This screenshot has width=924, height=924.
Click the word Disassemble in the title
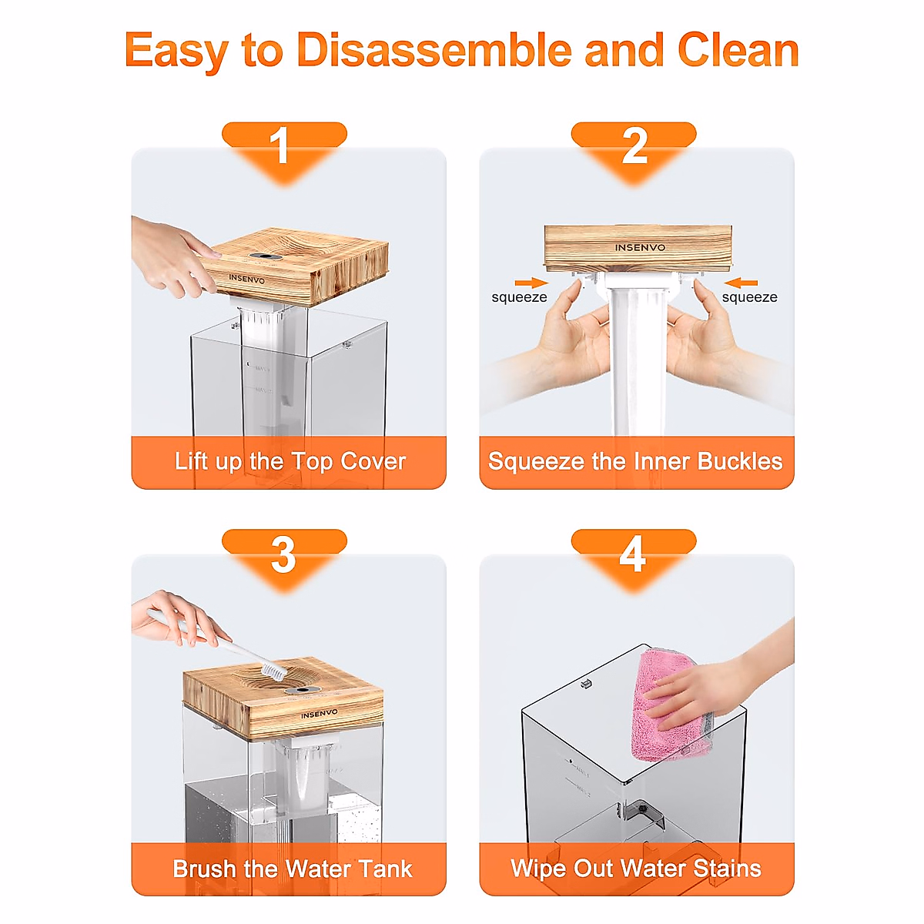coord(434,50)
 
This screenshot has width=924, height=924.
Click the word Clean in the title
coord(738,50)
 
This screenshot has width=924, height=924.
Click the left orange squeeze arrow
coord(531,283)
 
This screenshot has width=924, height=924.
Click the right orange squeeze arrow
coord(741,283)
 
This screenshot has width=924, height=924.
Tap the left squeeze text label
coord(519,297)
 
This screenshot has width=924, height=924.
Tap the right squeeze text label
coord(749,297)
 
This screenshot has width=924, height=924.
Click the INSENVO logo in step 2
coord(640,247)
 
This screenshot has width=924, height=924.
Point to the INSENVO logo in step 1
coord(246,279)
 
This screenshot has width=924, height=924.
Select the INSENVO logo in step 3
coord(319,714)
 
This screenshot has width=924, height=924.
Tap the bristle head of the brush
coord(274,670)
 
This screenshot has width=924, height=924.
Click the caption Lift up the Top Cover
coord(290,462)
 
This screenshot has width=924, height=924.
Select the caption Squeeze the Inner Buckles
coord(635,462)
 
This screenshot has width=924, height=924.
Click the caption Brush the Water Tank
coord(293,869)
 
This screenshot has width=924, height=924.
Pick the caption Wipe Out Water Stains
coord(636,869)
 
